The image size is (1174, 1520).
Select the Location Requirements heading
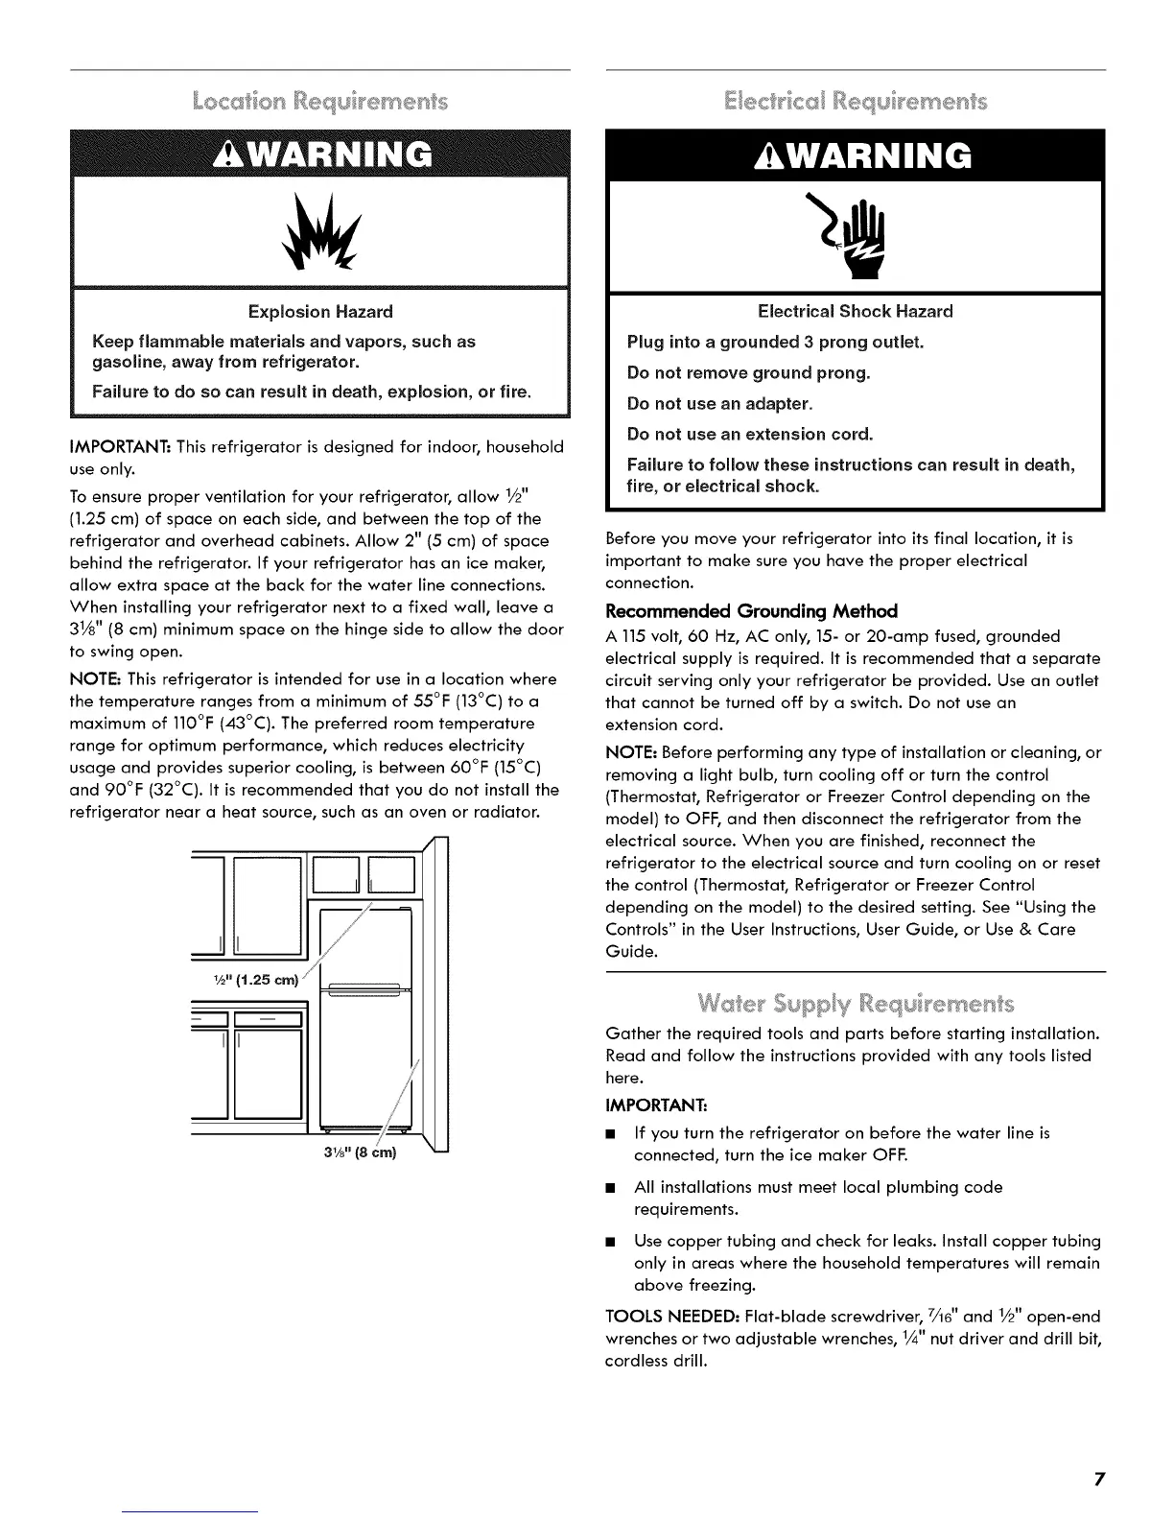point(320,101)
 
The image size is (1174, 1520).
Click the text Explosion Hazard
point(320,312)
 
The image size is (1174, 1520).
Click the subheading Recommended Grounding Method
point(751,612)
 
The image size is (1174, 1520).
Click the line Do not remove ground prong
point(748,372)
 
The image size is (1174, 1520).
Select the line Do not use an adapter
point(719,403)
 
